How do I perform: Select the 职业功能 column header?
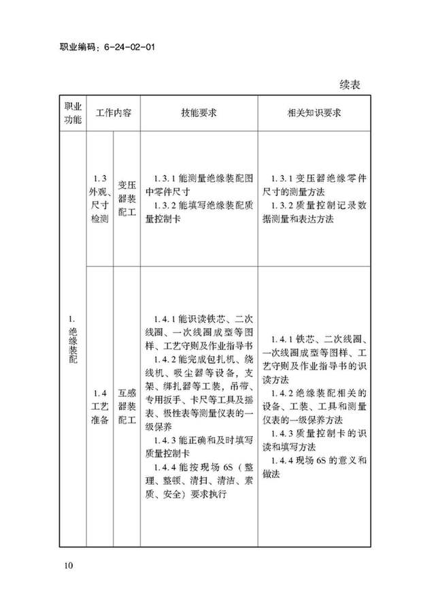click(72, 114)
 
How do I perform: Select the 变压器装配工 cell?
click(127, 198)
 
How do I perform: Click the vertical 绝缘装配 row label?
click(72, 344)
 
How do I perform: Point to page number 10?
click(69, 566)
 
